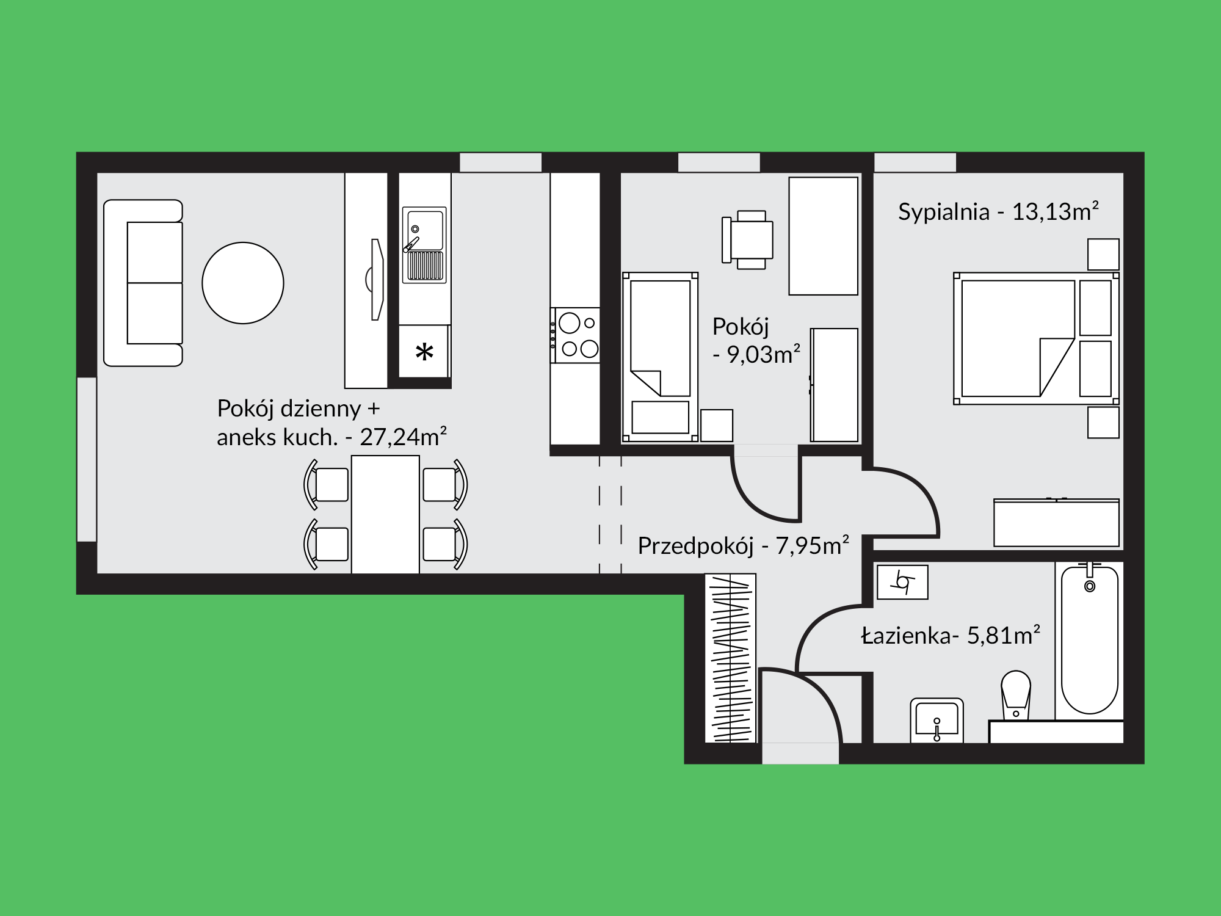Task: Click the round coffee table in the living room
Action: (x=243, y=283)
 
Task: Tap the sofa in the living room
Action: (x=143, y=283)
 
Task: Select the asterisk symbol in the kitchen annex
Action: (x=424, y=352)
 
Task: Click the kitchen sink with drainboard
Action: (x=424, y=245)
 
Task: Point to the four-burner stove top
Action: (x=575, y=335)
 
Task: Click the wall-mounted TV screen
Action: (x=375, y=279)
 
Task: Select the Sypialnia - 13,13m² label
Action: (x=999, y=211)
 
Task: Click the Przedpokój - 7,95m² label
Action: (x=744, y=545)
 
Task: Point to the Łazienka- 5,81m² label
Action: (x=951, y=636)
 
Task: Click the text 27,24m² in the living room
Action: (x=404, y=437)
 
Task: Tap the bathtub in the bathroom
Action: (x=1090, y=639)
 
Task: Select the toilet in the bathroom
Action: (x=1016, y=696)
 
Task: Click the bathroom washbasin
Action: (x=937, y=721)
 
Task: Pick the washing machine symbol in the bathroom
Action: (x=902, y=582)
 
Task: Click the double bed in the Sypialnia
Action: (x=1036, y=338)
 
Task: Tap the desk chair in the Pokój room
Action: (x=747, y=240)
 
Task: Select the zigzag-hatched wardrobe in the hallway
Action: (x=731, y=658)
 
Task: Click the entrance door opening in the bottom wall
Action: (x=800, y=753)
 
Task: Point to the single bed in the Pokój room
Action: (x=660, y=357)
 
